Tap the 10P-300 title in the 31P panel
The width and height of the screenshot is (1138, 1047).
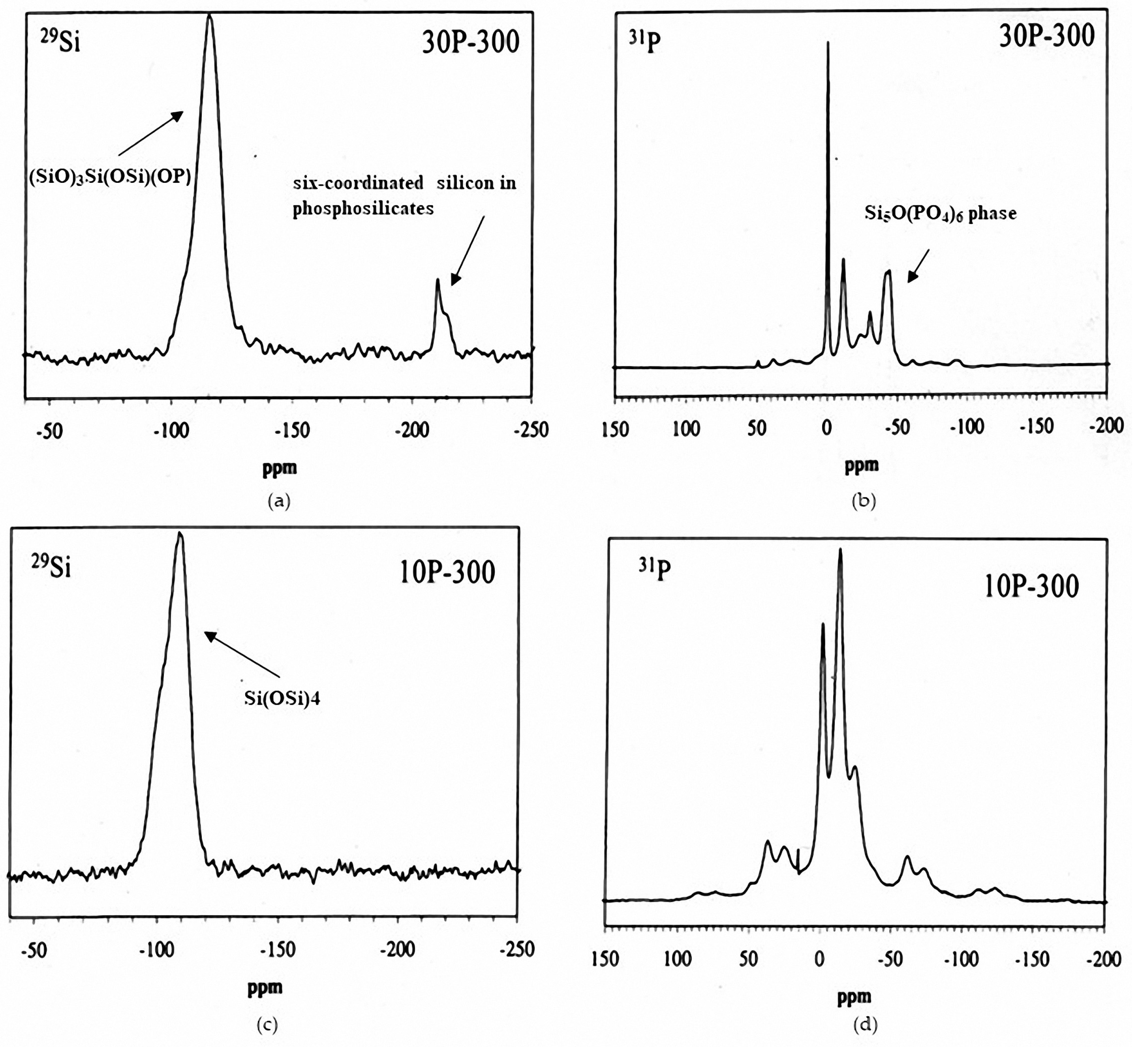pos(1031,586)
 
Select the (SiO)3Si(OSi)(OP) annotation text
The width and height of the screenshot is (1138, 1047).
pos(110,177)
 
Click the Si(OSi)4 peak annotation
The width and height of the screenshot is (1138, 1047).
pos(282,698)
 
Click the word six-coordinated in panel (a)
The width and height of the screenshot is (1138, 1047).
pos(358,183)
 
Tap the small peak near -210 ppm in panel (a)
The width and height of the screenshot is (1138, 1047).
pos(438,280)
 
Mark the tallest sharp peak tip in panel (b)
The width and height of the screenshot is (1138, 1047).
pos(828,43)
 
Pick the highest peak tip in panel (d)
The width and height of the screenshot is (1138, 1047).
pos(840,550)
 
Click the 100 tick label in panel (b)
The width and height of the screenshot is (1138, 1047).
pos(686,429)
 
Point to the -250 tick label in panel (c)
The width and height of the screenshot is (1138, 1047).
pos(517,949)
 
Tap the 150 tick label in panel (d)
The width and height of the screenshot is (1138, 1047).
pos(605,959)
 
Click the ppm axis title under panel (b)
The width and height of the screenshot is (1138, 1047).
pos(862,466)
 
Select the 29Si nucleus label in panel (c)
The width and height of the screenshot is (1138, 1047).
pos(52,567)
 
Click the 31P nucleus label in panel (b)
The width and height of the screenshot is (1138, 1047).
pos(645,41)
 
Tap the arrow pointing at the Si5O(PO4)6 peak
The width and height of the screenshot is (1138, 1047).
pos(918,266)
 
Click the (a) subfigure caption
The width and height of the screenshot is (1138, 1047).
pos(279,501)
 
